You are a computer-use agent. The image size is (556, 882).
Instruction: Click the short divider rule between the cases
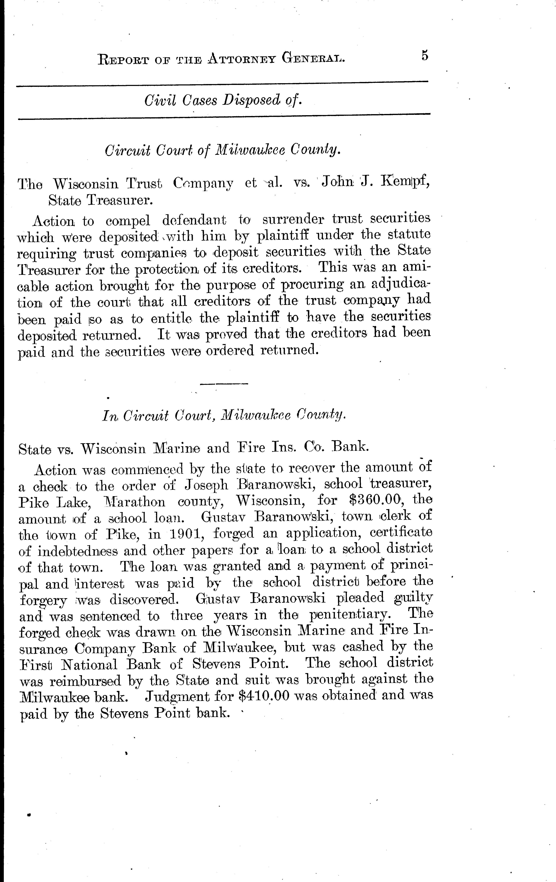click(x=224, y=384)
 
